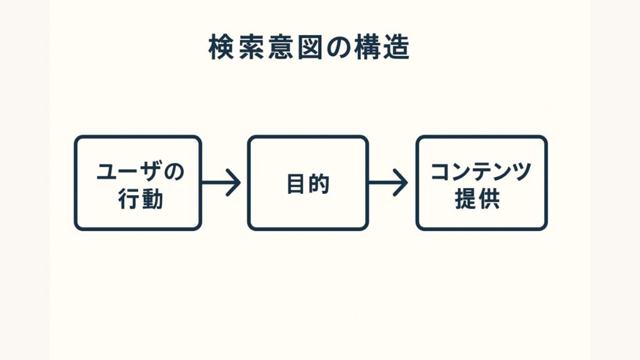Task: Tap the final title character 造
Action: (x=396, y=48)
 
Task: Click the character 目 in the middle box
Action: (x=296, y=184)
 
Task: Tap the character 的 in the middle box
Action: (x=319, y=184)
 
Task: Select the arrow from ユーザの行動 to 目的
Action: (x=222, y=183)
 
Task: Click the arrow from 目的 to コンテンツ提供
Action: (x=389, y=183)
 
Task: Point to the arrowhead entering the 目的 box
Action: (x=235, y=183)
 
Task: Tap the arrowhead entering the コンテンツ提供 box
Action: (x=401, y=183)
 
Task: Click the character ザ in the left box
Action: (x=152, y=171)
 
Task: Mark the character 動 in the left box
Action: (x=152, y=199)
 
